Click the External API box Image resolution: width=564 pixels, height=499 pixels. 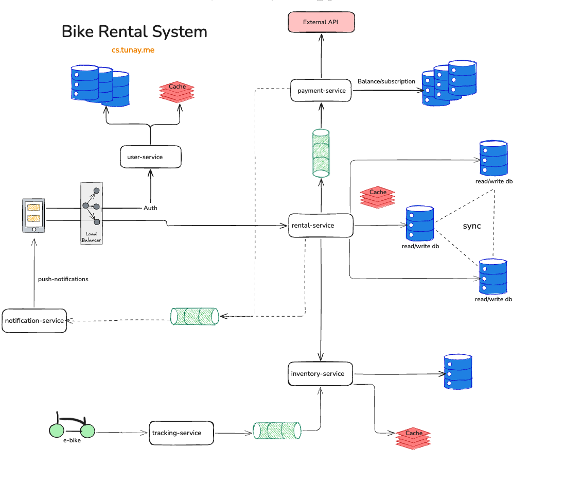point(321,22)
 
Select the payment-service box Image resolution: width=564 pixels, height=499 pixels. point(321,91)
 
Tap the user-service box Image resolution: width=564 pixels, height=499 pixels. point(151,157)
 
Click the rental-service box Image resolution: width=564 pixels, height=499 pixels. point(321,226)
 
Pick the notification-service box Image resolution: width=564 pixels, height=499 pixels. point(34,321)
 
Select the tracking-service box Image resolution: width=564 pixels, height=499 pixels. point(181,433)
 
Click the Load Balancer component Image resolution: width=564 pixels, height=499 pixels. point(92,213)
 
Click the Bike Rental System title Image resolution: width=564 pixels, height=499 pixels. point(134,31)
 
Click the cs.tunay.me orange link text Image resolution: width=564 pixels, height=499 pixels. point(133,50)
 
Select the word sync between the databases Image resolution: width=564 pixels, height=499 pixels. point(471,226)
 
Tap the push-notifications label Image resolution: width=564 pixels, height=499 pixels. point(63,279)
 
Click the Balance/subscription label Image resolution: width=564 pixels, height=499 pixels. point(386,81)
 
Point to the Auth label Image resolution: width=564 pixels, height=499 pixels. point(150,208)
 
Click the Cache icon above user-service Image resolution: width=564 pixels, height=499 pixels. point(177,91)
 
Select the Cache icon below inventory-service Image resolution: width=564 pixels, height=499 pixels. point(413,438)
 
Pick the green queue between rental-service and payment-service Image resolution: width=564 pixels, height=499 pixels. point(321,153)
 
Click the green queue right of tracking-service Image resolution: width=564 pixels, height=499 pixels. point(277,431)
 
